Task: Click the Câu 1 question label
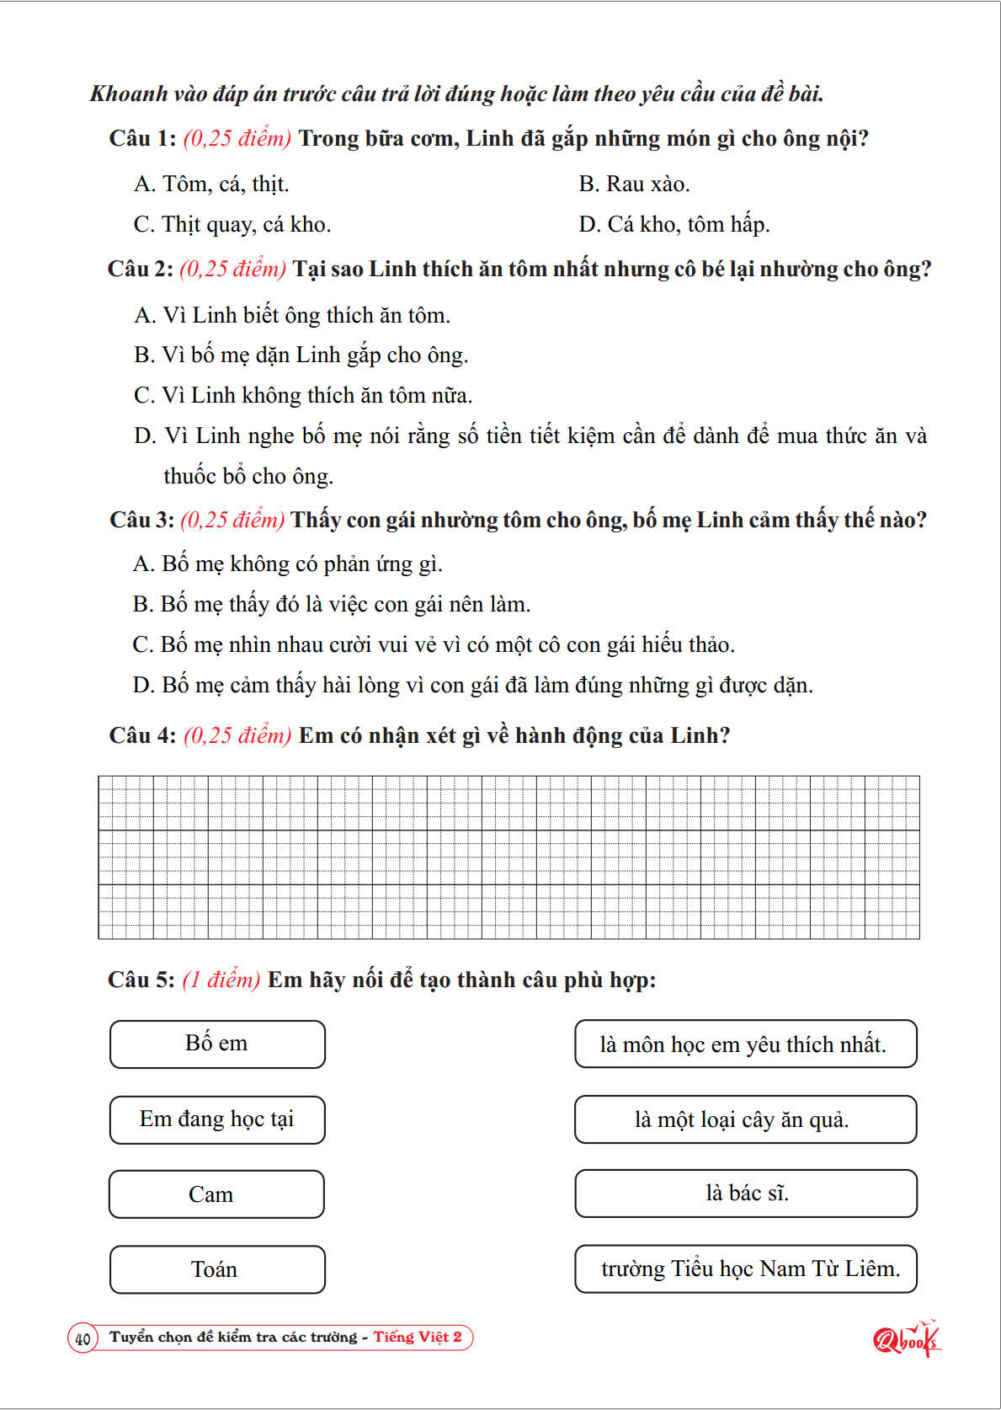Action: coord(142,138)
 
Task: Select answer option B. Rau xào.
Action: coord(634,184)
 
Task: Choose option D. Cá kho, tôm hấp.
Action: coord(674,224)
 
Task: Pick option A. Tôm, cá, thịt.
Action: coord(210,184)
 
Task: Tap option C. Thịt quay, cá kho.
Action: coord(232,224)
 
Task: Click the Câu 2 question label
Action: coord(141,269)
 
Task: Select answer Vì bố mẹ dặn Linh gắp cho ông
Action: coord(301,355)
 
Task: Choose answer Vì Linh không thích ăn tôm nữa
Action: coord(303,395)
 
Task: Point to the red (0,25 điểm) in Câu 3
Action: coord(232,520)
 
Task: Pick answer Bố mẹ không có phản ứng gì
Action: coord(287,563)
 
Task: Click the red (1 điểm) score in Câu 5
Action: coord(221,980)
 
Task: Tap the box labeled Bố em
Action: coord(217,1044)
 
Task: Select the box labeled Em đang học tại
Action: coord(217,1119)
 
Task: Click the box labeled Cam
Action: coord(216,1194)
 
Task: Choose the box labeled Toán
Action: coord(217,1269)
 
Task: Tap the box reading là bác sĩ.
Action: coord(746,1194)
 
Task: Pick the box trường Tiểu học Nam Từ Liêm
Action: coord(746,1268)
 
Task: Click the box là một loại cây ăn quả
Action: coord(746,1119)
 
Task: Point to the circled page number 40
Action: coord(83,1338)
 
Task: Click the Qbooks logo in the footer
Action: coord(906,1338)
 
